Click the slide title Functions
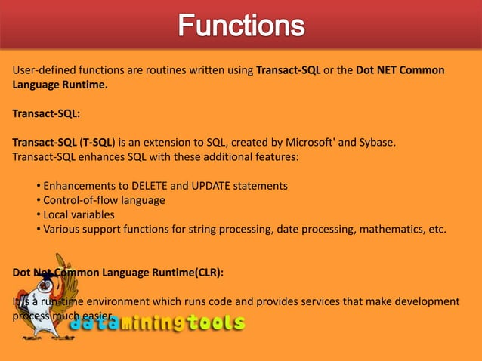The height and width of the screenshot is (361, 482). click(x=241, y=28)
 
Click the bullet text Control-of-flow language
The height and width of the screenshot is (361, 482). click(x=104, y=200)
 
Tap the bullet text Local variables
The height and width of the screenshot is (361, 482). click(x=79, y=214)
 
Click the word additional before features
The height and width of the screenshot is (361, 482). click(x=196, y=156)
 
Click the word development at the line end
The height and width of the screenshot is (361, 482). click(x=423, y=301)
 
